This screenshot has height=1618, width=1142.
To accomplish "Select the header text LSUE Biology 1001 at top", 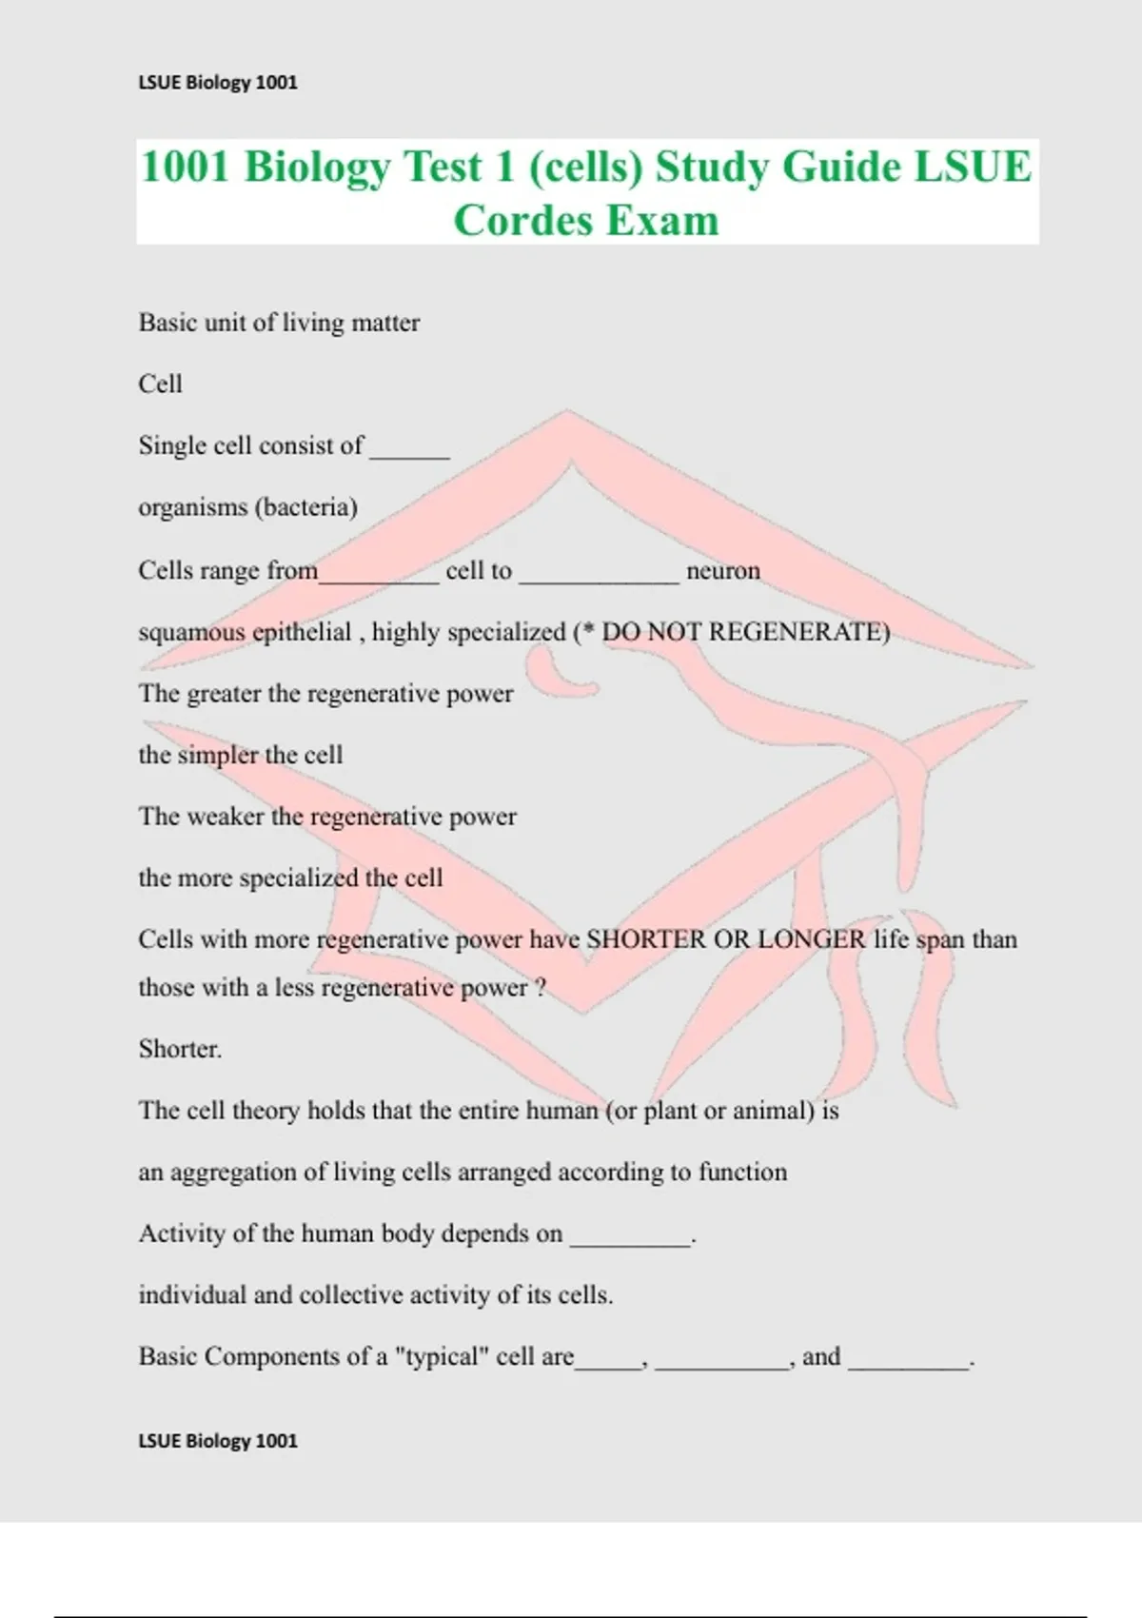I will pos(218,83).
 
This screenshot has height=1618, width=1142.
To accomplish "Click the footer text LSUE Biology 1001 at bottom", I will pos(218,1441).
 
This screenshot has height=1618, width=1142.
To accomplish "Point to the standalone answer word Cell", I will pos(160,384).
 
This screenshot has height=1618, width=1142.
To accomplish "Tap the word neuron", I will pos(723,571).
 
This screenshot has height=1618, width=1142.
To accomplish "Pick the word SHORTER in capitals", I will pos(646,939).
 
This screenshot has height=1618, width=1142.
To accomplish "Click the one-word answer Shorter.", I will pos(179,1049).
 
